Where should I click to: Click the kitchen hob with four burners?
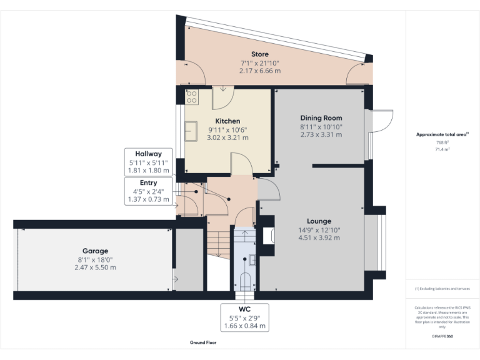click(x=192, y=97)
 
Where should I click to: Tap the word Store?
click(x=259, y=55)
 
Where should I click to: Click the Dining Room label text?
click(x=321, y=117)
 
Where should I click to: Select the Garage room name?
click(x=95, y=251)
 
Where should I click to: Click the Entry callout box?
click(x=149, y=191)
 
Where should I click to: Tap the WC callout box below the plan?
click(x=244, y=317)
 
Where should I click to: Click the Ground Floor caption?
click(x=203, y=343)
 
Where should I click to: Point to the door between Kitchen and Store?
click(x=222, y=97)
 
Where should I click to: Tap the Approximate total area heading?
click(x=442, y=134)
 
